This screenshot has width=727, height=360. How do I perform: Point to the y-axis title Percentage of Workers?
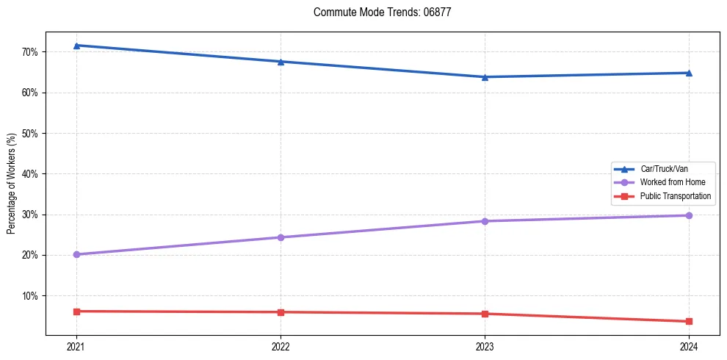[11, 184]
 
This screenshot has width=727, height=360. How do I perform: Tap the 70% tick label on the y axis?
[30, 52]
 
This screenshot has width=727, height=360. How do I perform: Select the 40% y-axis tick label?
[30, 174]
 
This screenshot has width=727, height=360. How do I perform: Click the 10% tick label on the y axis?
[30, 296]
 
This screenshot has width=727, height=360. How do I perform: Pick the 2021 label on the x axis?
[76, 346]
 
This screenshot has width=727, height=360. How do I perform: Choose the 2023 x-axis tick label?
[485, 346]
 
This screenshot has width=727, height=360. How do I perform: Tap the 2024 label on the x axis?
[689, 346]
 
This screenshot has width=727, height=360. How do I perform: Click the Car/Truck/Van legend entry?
[664, 169]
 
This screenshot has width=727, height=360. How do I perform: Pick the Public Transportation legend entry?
[675, 196]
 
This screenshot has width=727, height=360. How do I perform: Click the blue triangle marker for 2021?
[76, 46]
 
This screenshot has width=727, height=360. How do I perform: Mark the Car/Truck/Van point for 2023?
[485, 77]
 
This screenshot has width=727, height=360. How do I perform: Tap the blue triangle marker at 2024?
[689, 73]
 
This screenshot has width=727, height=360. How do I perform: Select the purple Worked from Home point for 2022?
[281, 237]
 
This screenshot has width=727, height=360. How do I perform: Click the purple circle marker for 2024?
[689, 215]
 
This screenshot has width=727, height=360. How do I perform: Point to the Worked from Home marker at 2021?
[76, 254]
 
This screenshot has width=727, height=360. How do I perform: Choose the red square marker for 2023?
[485, 314]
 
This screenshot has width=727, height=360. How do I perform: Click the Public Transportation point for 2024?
[689, 321]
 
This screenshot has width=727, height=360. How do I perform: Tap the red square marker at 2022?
[281, 312]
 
